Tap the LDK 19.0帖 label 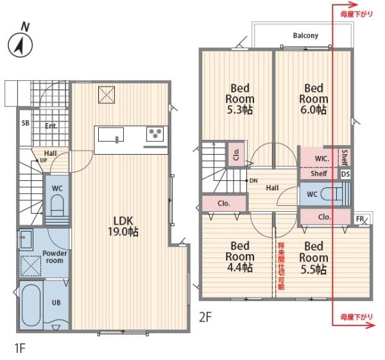(123, 226)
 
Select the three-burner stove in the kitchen (155, 134)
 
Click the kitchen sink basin (111, 135)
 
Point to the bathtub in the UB (31, 305)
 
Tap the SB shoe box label (26, 123)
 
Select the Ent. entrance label (51, 126)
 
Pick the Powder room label (55, 257)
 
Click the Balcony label (305, 35)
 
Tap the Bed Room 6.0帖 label (314, 99)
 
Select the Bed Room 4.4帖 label (240, 257)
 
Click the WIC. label (322, 159)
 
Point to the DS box (345, 174)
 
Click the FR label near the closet (360, 219)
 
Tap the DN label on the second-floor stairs (253, 181)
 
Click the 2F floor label (205, 317)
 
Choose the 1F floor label (20, 348)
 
